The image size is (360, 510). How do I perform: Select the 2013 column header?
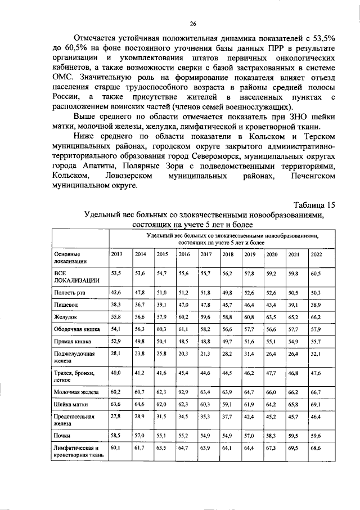click(116, 254)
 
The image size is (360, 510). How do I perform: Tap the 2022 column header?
click(316, 254)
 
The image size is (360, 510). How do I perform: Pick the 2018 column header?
click(228, 254)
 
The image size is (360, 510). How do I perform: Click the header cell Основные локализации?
click(70, 258)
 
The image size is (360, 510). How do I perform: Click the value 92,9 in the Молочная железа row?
click(184, 389)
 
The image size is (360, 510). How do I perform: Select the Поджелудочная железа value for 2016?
click(184, 354)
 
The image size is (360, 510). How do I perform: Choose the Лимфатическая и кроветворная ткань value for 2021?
click(294, 449)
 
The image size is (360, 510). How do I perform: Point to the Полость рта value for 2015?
click(162, 293)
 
